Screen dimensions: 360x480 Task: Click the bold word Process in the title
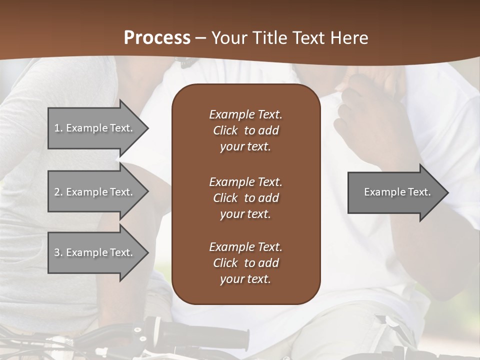(x=157, y=38)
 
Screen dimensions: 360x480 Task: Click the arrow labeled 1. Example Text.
(x=95, y=128)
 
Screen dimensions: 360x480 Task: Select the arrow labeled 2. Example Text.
(x=95, y=192)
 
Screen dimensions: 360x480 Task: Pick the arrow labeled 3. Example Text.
(x=95, y=252)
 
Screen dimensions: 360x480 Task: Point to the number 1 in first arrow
(x=57, y=128)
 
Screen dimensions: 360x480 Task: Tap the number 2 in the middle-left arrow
(x=57, y=192)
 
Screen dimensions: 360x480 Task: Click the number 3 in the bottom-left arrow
(x=57, y=252)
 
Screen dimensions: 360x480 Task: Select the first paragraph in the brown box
(x=245, y=130)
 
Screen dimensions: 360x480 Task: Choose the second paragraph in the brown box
(x=245, y=198)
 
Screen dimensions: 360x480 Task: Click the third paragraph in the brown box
(x=245, y=263)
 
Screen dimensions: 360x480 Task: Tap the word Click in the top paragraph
(x=225, y=130)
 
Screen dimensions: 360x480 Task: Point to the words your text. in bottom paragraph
(x=245, y=279)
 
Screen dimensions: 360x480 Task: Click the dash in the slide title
(x=201, y=38)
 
